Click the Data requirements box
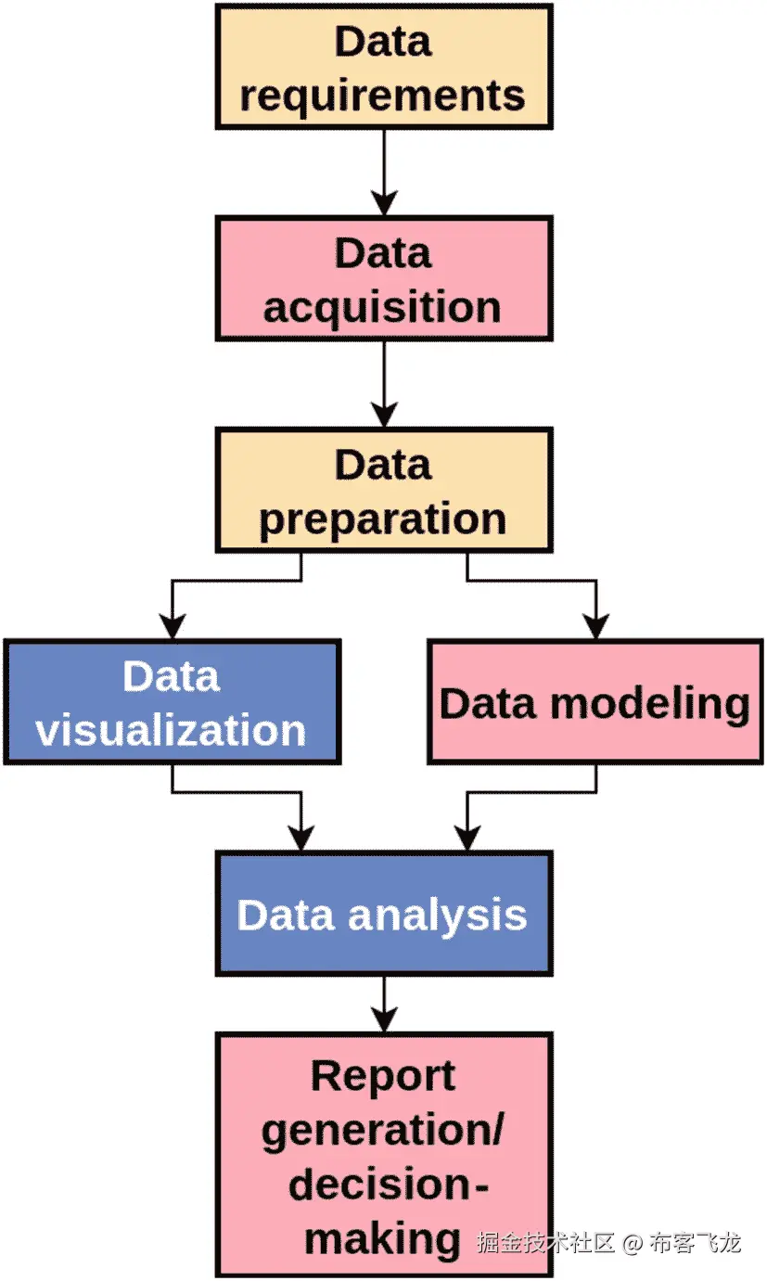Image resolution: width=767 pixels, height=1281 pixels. point(383,67)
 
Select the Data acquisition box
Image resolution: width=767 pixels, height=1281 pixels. point(383,278)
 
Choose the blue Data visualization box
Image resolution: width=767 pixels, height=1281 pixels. point(172,702)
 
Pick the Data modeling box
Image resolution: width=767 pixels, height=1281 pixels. point(594,702)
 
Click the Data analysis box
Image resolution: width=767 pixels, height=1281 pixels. point(383,914)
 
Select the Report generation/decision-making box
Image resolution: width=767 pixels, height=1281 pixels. point(383,1155)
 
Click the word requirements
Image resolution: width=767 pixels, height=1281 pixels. point(383,96)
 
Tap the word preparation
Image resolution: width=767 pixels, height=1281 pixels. point(383,519)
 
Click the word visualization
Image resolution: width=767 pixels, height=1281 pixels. point(172,731)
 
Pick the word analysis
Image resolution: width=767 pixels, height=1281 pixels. point(438,916)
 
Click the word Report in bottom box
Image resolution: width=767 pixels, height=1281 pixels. point(383,1076)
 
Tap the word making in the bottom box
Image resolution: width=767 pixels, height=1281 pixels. point(383,1238)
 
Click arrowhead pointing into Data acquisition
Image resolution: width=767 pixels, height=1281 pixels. point(383,204)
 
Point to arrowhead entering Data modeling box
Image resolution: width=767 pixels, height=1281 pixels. point(595,627)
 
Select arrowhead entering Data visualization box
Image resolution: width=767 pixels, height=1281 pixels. point(172,627)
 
